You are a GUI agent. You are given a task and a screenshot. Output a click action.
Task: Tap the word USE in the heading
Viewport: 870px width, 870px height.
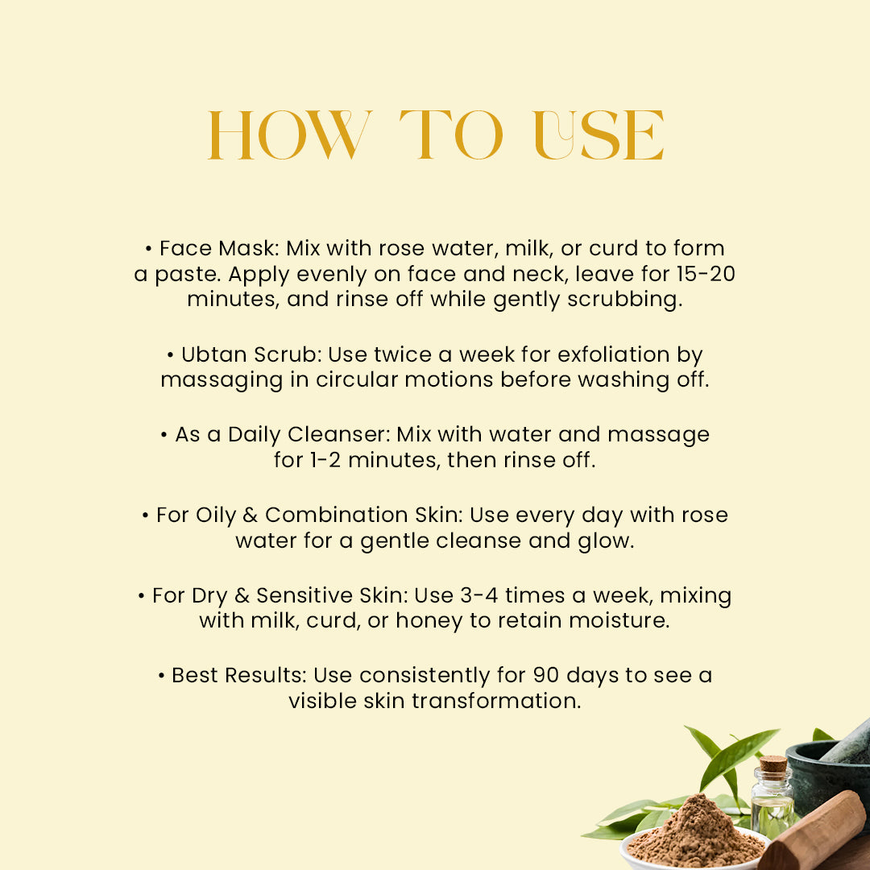(599, 135)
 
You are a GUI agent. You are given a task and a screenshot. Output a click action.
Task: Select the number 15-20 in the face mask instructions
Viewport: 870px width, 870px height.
(706, 274)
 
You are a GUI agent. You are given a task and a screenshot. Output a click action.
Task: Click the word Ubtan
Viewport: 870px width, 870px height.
(213, 354)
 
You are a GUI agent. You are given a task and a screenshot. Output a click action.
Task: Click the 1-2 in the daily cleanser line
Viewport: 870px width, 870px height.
(325, 459)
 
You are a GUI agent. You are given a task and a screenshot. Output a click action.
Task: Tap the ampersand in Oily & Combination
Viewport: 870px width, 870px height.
(251, 515)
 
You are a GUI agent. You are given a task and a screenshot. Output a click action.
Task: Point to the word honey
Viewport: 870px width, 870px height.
(429, 620)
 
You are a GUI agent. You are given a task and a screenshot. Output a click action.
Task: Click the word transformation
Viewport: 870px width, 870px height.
(496, 701)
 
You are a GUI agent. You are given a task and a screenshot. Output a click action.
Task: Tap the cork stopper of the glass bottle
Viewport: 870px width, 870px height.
(773, 764)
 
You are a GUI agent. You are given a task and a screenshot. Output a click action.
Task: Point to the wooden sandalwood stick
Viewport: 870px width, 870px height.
(815, 832)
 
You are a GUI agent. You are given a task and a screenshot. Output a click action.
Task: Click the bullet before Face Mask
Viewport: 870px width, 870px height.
(148, 249)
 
